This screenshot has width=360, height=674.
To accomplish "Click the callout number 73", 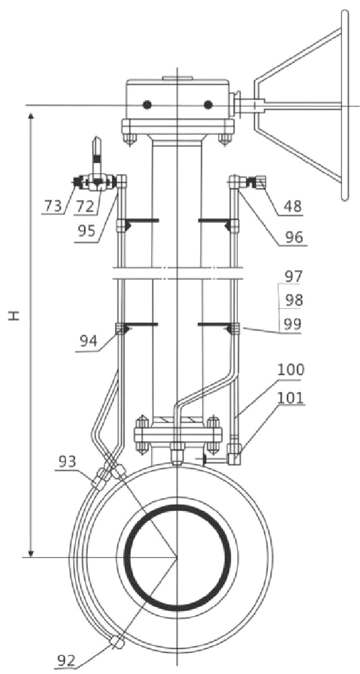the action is [x=52, y=206].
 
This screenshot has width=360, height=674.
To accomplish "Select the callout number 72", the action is [x=85, y=206].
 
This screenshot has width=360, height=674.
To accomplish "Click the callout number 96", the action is [x=293, y=237].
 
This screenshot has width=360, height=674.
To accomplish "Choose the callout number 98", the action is [x=293, y=300].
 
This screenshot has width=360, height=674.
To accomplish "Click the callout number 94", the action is [x=90, y=341].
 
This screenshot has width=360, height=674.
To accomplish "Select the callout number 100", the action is [x=290, y=369].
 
